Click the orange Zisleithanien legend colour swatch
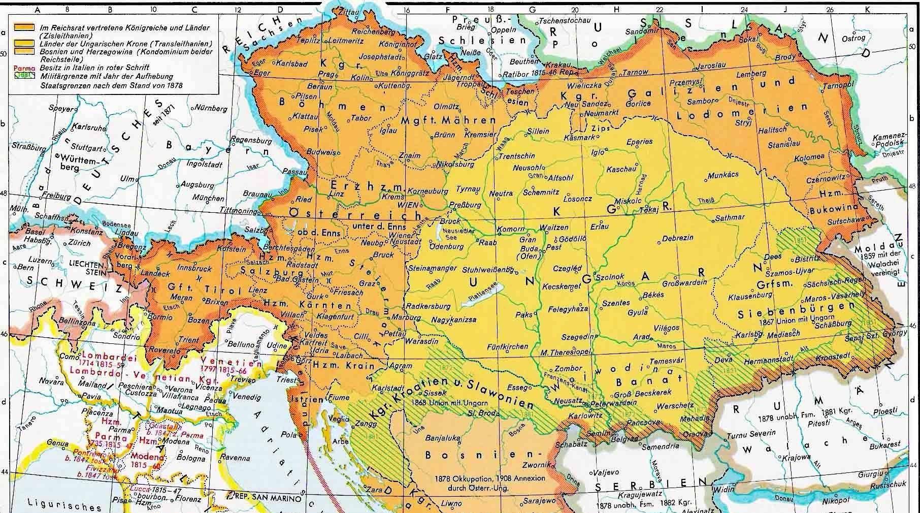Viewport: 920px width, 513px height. pyautogui.click(x=24, y=27)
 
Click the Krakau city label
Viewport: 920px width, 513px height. pyautogui.click(x=559, y=66)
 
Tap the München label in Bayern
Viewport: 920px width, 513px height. pyautogui.click(x=208, y=198)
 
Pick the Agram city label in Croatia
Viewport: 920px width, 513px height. pyautogui.click(x=400, y=366)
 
